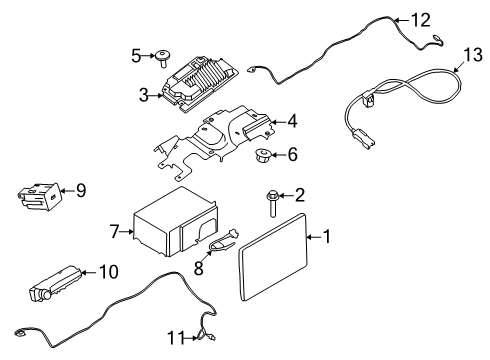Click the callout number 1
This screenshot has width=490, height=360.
click(325, 236)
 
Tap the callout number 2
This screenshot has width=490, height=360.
click(298, 195)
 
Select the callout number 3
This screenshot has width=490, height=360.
click(143, 95)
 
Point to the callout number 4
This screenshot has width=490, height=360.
click(292, 124)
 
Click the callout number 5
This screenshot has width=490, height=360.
click(136, 55)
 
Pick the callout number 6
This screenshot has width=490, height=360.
click(292, 155)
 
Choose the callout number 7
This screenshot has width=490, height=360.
click(116, 232)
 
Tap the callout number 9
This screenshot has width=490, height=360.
click(82, 189)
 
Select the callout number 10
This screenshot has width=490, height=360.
click(108, 272)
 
